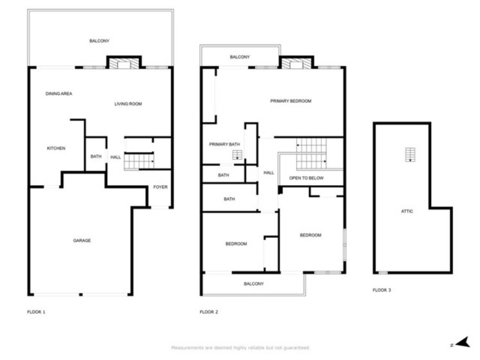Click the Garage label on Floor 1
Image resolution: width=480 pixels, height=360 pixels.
(82, 240)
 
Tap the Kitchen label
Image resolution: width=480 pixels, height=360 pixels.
(56, 148)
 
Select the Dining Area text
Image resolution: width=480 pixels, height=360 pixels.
(58, 94)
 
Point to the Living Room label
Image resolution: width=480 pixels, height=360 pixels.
(128, 104)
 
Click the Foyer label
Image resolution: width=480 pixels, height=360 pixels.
(161, 187)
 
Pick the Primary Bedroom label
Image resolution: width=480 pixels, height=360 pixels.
(290, 101)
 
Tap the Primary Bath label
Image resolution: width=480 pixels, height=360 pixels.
(224, 144)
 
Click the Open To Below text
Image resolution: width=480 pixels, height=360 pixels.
(306, 178)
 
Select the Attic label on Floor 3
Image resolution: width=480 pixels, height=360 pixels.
(407, 211)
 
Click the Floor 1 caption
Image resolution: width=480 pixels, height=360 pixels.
(36, 312)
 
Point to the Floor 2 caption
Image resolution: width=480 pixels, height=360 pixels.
(209, 312)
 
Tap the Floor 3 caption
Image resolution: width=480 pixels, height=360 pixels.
(382, 290)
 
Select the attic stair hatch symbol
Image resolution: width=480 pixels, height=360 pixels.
(410, 155)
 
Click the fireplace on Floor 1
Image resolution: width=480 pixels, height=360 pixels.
(124, 62)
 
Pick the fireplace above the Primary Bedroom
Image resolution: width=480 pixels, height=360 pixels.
(296, 62)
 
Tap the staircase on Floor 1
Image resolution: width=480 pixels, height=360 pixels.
(139, 161)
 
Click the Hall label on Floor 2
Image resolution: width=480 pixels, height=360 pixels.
(269, 173)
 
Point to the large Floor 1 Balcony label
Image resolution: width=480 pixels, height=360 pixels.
(99, 40)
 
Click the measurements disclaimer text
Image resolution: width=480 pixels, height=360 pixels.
(240, 348)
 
